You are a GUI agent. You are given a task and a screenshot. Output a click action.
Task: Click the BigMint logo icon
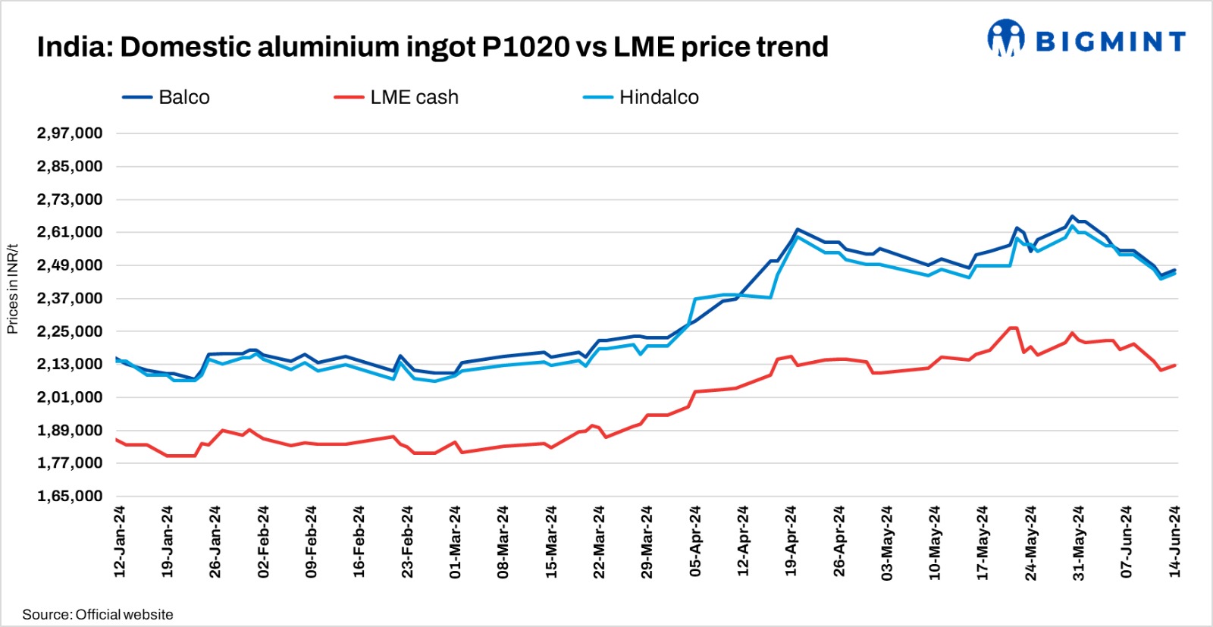point(1005,39)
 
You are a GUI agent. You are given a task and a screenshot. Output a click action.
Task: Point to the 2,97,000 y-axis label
point(70,133)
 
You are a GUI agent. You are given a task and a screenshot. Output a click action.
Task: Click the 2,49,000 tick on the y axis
point(70,265)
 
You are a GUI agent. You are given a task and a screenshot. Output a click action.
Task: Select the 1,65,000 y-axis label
point(70,497)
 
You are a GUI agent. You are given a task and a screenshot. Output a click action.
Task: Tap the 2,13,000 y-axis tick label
point(70,365)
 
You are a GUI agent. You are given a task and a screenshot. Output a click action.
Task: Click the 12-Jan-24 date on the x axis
point(120,542)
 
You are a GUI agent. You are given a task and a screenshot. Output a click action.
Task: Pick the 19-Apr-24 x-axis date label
point(791,542)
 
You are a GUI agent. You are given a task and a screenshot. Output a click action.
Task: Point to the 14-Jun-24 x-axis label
point(1175,542)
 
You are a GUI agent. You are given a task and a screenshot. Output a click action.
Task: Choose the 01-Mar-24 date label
point(456,542)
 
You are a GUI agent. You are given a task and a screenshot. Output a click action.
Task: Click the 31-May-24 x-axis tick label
point(1079,542)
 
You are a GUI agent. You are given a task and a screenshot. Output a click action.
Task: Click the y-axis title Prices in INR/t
point(12,289)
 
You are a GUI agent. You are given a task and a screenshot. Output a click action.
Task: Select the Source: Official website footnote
point(98,615)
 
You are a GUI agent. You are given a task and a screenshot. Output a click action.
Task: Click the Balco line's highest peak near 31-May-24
point(1072,216)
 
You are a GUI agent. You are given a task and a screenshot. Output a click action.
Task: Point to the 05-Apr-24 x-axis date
point(695,542)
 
